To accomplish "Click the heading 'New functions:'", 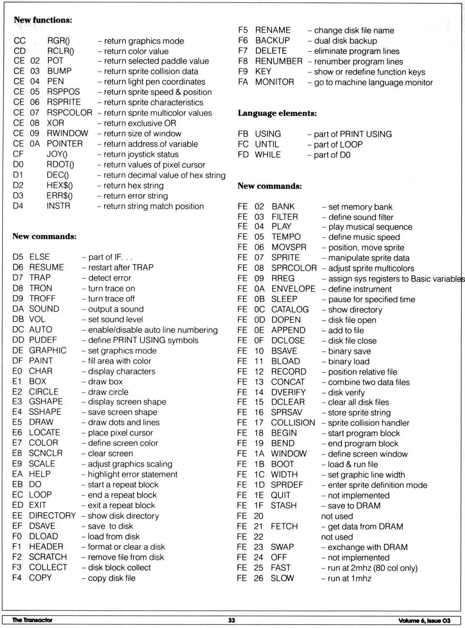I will click(43, 20).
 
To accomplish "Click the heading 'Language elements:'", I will click(277, 113).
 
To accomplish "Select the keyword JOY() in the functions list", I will click(57, 154).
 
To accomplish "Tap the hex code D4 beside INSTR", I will click(18, 206).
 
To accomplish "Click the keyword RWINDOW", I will click(67, 133).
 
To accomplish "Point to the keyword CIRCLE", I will click(44, 392).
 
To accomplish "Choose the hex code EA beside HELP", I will click(17, 474).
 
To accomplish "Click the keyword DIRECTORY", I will click(52, 516).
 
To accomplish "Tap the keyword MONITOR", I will click(274, 82).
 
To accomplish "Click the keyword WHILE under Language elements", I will click(268, 155).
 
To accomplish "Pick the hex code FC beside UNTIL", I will click(243, 144).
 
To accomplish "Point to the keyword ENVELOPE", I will click(293, 289).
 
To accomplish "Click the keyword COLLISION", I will click(293, 423).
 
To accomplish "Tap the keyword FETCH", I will click(284, 526).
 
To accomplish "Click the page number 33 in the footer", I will click(232, 620).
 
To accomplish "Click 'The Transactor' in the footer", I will click(32, 620).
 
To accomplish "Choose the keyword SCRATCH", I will click(48, 557).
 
